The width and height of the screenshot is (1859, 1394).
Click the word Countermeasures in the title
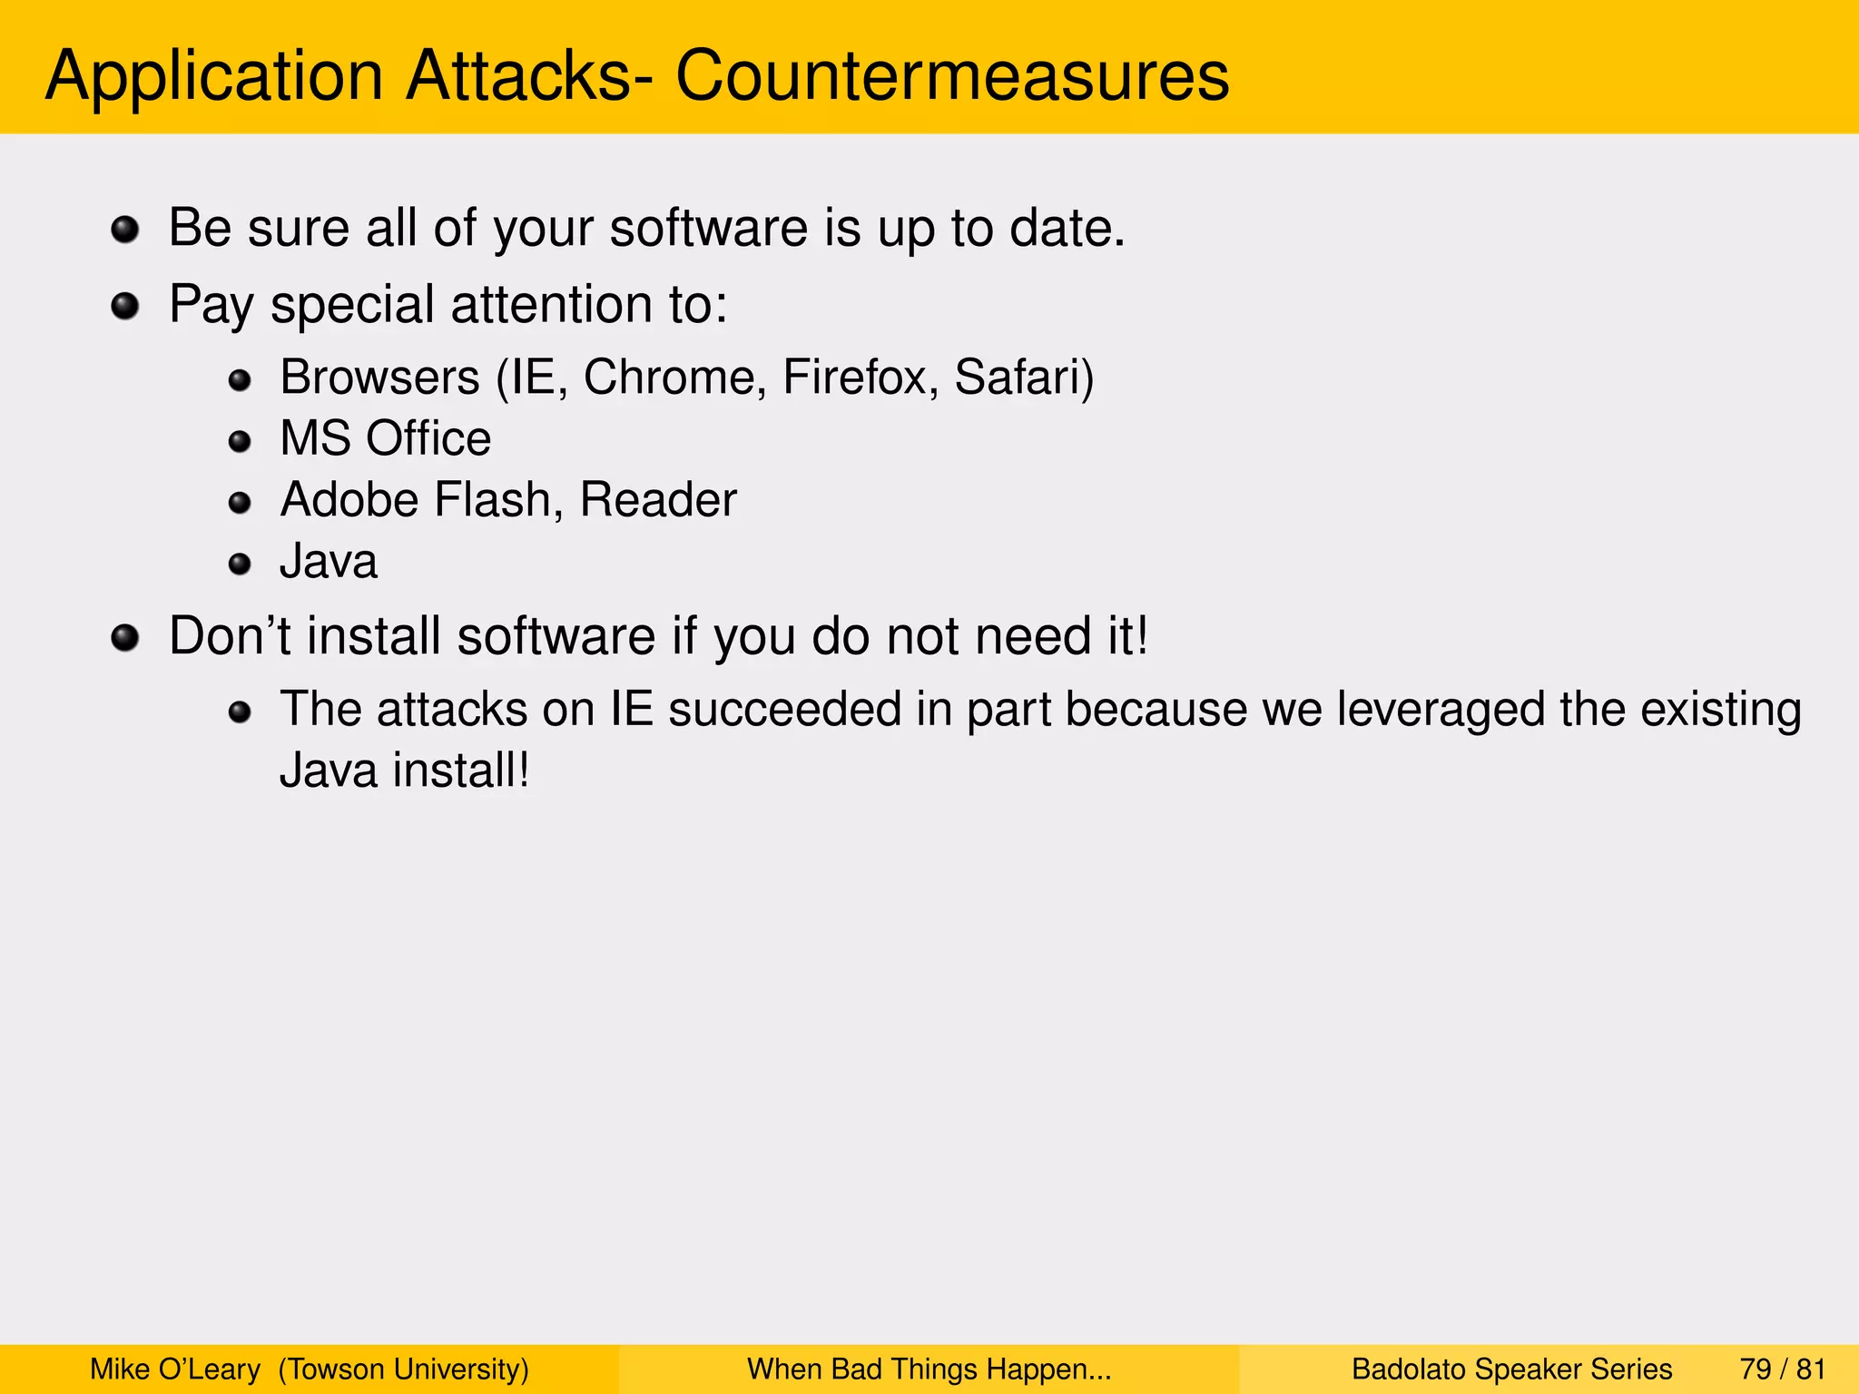pyautogui.click(x=952, y=75)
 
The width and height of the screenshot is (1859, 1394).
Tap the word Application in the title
pyautogui.click(x=214, y=77)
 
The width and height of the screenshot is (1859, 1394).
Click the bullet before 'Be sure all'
pyautogui.click(x=125, y=230)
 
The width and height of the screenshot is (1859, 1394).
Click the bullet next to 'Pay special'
pyautogui.click(x=125, y=306)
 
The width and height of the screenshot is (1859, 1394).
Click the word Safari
pyautogui.click(x=1023, y=378)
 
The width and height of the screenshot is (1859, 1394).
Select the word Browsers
pyautogui.click(x=379, y=378)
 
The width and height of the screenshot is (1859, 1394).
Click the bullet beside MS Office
pyautogui.click(x=240, y=442)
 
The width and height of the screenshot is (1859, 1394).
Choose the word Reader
pyautogui.click(x=658, y=500)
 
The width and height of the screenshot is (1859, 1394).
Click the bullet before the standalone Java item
pyautogui.click(x=240, y=564)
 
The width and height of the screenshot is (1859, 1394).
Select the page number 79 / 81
pyautogui.click(x=1782, y=1369)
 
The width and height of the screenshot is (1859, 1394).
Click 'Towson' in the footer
pyautogui.click(x=331, y=1369)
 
